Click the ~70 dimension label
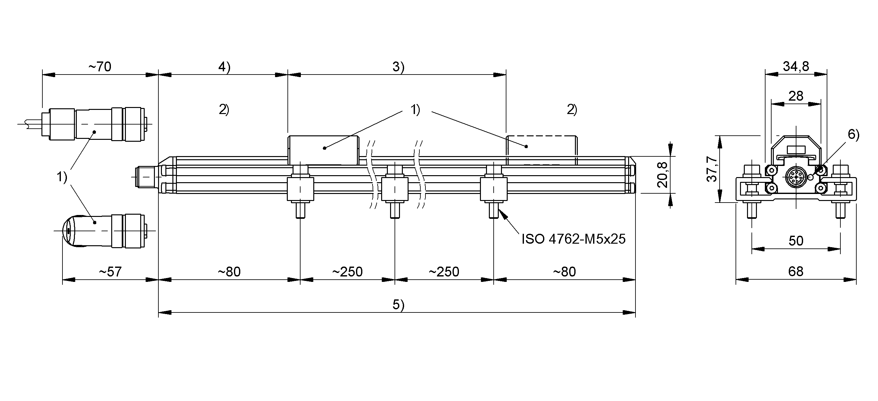coord(100,67)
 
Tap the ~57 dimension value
coord(110,272)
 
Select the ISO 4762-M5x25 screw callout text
coord(574,239)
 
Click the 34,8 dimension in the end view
coord(796,66)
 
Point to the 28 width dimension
coord(796,96)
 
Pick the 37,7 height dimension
coord(712,169)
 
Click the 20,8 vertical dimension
coord(662,175)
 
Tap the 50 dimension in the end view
coord(796,241)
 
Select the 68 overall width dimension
coord(796,272)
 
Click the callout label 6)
coord(853,135)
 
